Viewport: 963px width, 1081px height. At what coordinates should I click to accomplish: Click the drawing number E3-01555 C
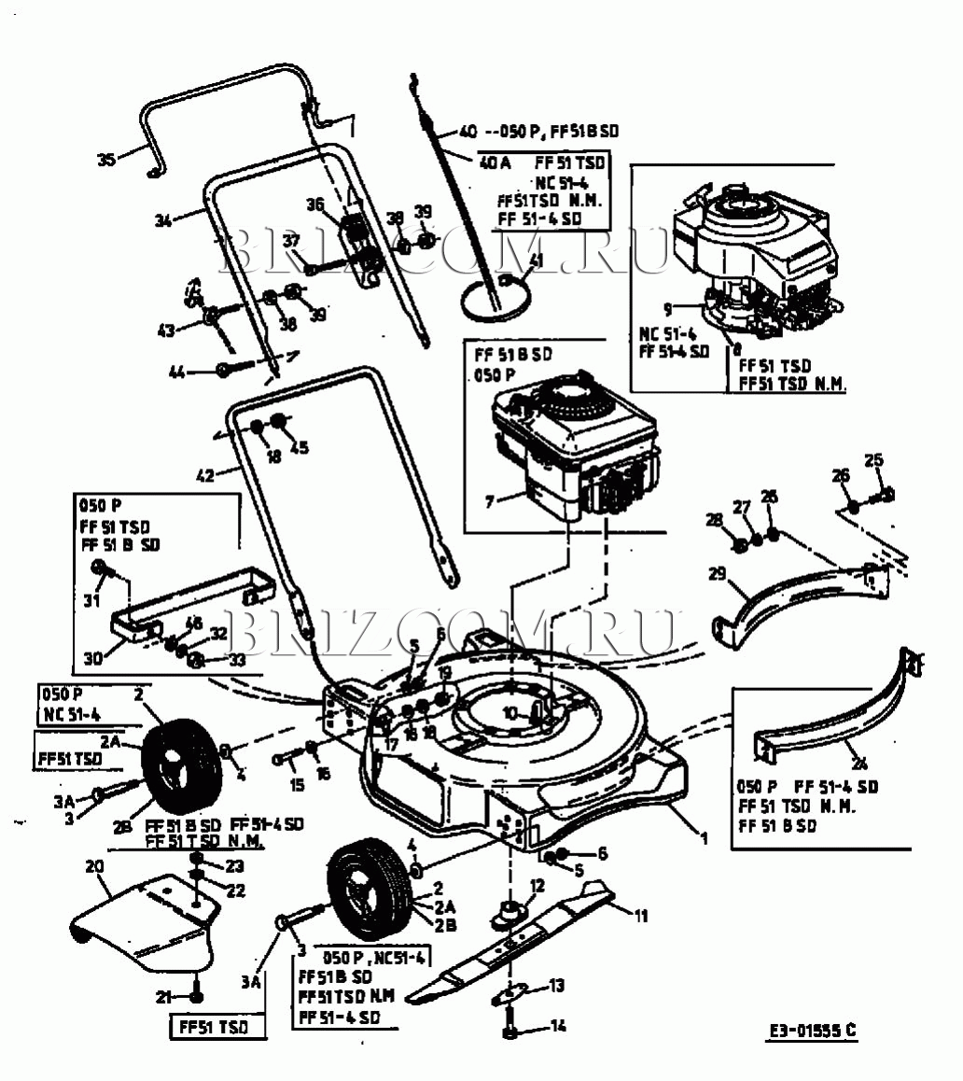click(812, 1031)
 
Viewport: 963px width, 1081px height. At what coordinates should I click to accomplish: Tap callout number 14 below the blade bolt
click(559, 1027)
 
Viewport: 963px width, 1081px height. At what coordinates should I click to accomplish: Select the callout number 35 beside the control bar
click(106, 160)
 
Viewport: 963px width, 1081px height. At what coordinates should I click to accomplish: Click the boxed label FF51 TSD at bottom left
click(209, 1028)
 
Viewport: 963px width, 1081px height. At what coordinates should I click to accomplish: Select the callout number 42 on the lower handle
click(205, 474)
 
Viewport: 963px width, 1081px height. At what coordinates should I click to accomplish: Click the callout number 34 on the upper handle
click(164, 221)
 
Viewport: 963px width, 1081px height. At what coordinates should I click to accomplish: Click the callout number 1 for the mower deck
click(705, 838)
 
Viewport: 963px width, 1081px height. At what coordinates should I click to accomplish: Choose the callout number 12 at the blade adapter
click(537, 884)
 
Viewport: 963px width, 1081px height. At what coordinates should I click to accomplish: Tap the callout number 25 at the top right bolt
click(873, 459)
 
